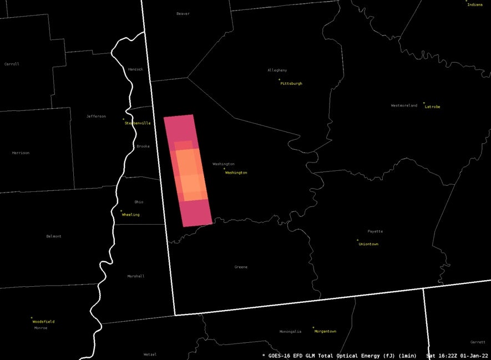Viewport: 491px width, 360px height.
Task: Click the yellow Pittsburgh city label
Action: (291, 83)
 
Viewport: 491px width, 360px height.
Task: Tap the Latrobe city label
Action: (432, 107)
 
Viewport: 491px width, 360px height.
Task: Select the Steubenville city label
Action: (138, 123)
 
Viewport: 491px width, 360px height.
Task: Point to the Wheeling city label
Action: (130, 215)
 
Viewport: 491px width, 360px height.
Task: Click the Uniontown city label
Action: (368, 244)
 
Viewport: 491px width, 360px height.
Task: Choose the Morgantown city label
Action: (325, 331)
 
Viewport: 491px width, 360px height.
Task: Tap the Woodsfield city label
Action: (43, 321)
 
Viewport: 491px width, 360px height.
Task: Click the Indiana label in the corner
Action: (474, 4)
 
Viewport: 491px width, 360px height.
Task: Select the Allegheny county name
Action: (277, 70)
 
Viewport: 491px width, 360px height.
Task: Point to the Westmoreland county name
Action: (404, 105)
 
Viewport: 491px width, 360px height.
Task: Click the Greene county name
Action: (241, 267)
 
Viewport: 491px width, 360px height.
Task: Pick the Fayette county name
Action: (375, 231)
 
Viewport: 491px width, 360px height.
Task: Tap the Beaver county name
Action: (183, 13)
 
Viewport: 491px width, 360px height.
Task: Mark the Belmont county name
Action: (54, 236)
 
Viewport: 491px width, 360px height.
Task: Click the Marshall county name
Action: (136, 276)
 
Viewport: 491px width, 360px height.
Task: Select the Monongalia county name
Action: (290, 332)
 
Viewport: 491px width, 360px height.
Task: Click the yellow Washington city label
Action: (236, 173)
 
